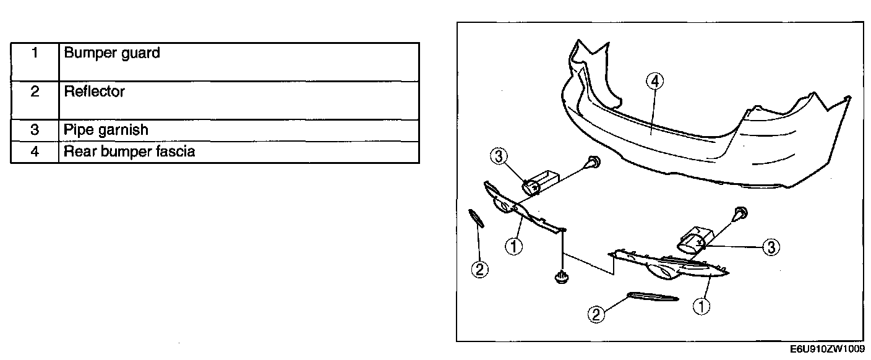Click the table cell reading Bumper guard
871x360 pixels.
(x=112, y=53)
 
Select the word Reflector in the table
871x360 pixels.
(x=95, y=92)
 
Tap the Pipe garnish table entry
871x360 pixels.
(x=106, y=131)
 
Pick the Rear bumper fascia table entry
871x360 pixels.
(x=130, y=152)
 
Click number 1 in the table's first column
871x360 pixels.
(x=35, y=53)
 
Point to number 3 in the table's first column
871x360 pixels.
(x=35, y=131)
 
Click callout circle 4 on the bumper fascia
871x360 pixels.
(x=655, y=81)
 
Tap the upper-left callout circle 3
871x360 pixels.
(x=499, y=156)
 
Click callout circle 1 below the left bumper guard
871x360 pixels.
(x=513, y=246)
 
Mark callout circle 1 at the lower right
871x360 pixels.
(x=702, y=306)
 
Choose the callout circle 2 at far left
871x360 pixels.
(x=479, y=269)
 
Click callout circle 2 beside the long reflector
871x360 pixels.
(x=596, y=314)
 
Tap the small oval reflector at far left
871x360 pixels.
(x=475, y=218)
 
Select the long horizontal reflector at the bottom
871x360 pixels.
(x=653, y=298)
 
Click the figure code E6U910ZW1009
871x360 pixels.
(x=827, y=350)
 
